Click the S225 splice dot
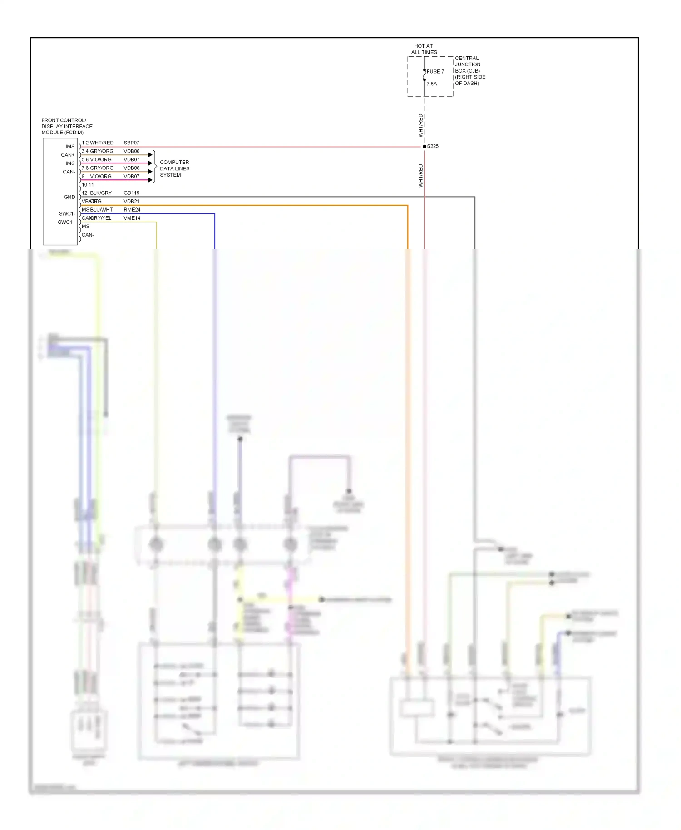[x=424, y=147]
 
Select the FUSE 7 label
[x=435, y=72]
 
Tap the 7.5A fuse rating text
[x=432, y=84]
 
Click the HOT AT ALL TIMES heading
[x=424, y=49]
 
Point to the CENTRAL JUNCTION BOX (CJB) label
[x=470, y=71]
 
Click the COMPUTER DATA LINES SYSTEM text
[x=174, y=168]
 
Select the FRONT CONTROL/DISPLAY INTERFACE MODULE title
[x=67, y=127]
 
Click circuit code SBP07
[x=131, y=143]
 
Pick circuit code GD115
[x=131, y=193]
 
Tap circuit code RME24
[x=132, y=210]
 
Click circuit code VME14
[x=132, y=218]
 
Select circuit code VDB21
[x=131, y=202]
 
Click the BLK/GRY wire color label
[x=101, y=193]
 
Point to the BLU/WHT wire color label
[x=101, y=210]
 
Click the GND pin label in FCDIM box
[x=69, y=197]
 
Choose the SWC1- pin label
[x=67, y=214]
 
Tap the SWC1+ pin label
[x=66, y=222]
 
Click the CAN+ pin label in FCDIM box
[x=68, y=155]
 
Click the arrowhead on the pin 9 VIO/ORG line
[x=150, y=180]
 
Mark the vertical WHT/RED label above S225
[x=420, y=126]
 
